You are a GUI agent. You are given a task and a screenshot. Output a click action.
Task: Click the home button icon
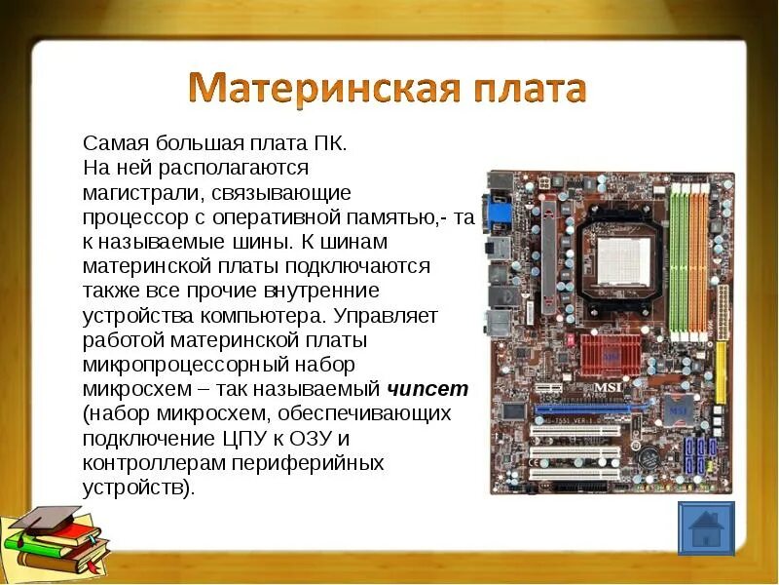click(x=705, y=530)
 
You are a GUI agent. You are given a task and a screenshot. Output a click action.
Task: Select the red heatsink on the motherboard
click(x=610, y=358)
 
